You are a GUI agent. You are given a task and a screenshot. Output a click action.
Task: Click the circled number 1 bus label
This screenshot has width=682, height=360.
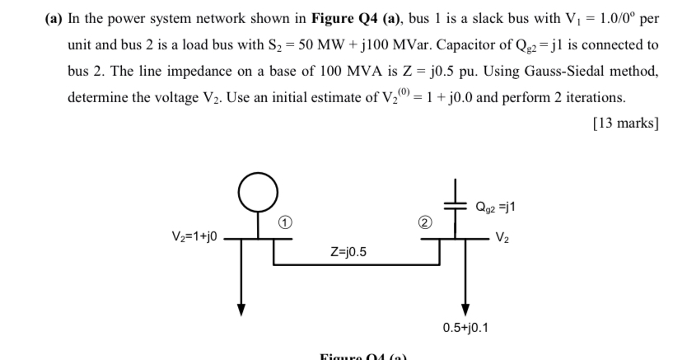[x=282, y=222]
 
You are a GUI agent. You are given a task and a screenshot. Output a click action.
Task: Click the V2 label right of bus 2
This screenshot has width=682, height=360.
[x=503, y=239]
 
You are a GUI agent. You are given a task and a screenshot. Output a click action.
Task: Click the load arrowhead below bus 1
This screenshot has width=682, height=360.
[x=241, y=309]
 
